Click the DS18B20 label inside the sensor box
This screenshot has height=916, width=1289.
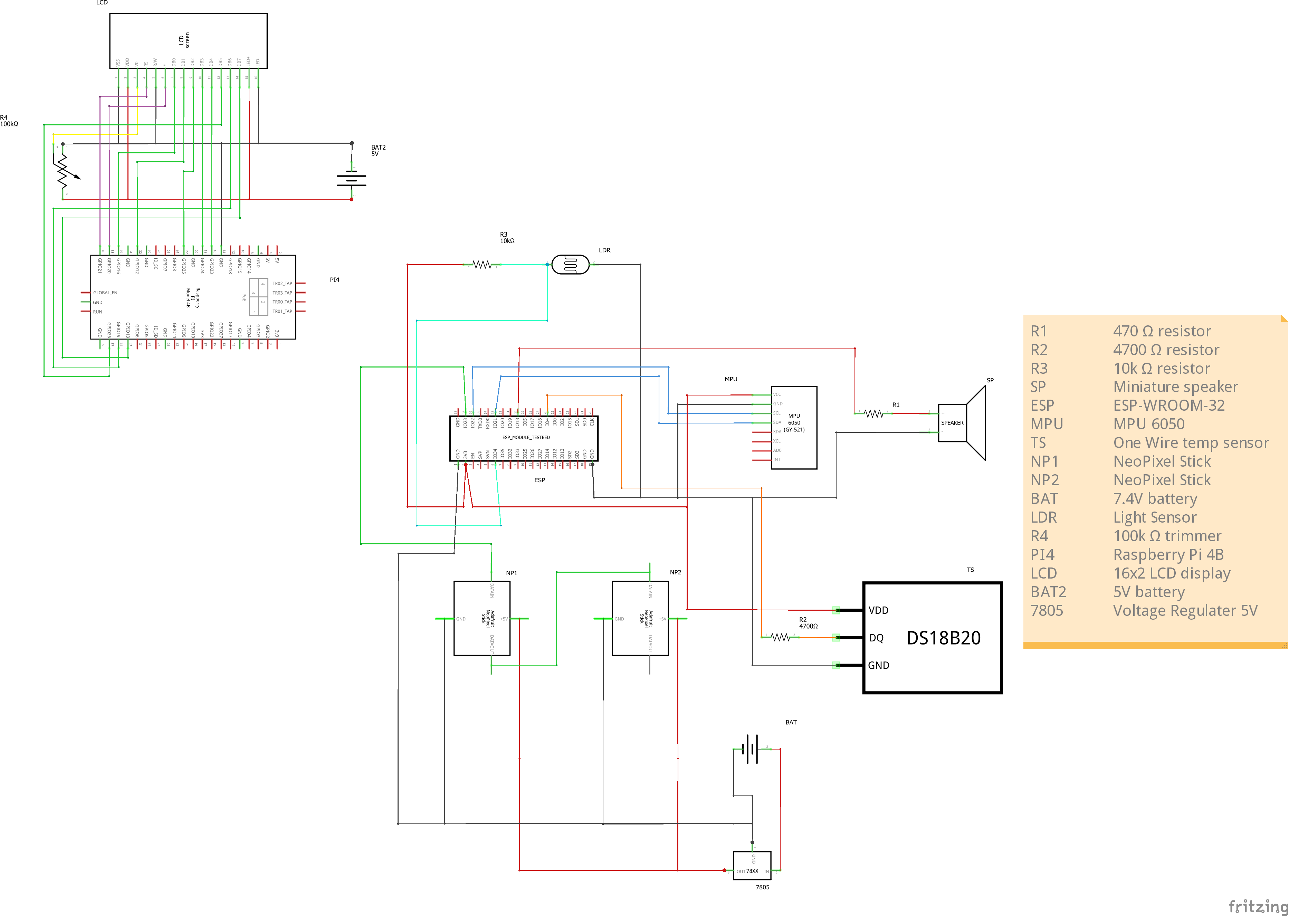(943, 638)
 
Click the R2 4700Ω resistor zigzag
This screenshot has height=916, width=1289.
(780, 637)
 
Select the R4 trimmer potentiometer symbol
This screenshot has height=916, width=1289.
(63, 171)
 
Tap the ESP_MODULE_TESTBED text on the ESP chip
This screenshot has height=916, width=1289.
(526, 438)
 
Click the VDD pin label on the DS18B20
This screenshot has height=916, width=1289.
(878, 610)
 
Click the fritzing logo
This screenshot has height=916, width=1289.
(1258, 906)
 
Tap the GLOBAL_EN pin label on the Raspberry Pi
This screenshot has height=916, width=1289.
(105, 293)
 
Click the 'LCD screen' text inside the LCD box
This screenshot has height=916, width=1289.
(184, 40)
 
